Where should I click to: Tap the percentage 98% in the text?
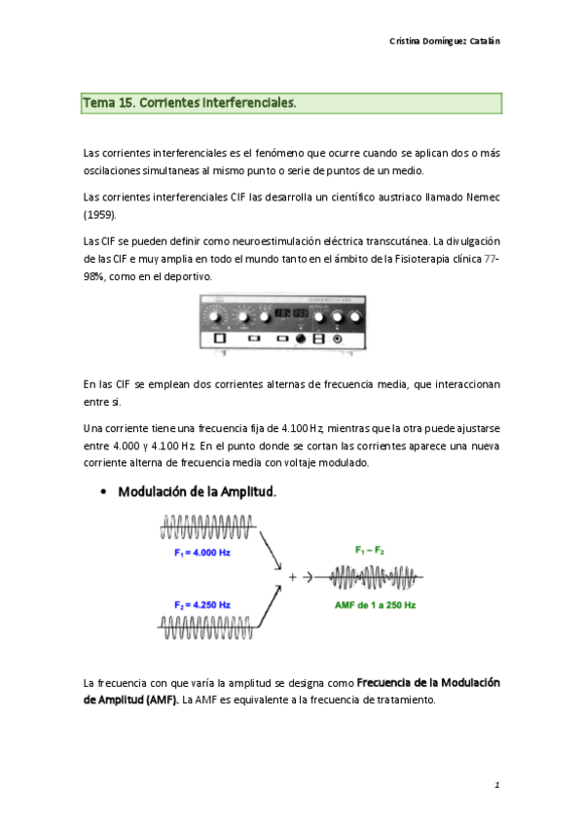click(99, 276)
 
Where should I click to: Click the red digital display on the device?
click(291, 313)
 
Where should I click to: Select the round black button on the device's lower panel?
click(301, 339)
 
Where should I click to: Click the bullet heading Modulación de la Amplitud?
click(198, 492)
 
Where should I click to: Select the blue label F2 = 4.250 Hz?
click(202, 605)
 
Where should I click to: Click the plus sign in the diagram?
click(292, 577)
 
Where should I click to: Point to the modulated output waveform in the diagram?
click(375, 577)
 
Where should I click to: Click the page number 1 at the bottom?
click(495, 784)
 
